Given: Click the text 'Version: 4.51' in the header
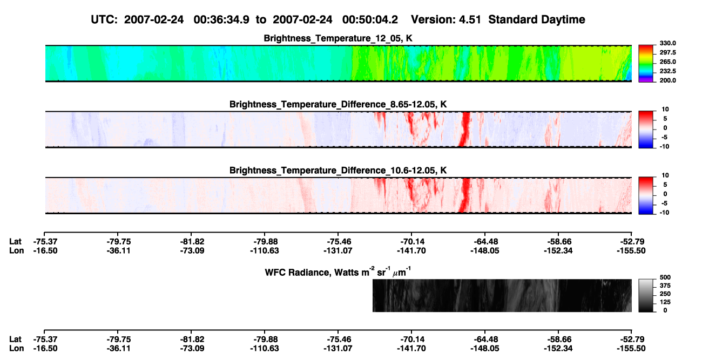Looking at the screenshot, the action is pyautogui.click(x=446, y=19).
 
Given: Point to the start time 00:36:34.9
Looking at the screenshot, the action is pyautogui.click(x=221, y=19).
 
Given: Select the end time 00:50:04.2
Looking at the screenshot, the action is pyautogui.click(x=370, y=19).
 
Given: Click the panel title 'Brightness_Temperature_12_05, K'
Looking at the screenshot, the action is pyautogui.click(x=338, y=38).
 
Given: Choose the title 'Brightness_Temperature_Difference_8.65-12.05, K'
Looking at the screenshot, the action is pyautogui.click(x=338, y=104).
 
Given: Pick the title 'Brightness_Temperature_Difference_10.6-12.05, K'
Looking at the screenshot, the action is pyautogui.click(x=338, y=171).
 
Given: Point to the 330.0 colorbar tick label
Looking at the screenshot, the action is pyautogui.click(x=667, y=43).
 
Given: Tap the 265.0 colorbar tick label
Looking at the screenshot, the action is pyautogui.click(x=667, y=62).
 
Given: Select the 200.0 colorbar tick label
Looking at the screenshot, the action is pyautogui.click(x=667, y=80).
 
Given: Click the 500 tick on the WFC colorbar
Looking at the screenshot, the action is pyautogui.click(x=665, y=277).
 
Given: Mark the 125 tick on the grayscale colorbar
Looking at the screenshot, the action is pyautogui.click(x=665, y=302).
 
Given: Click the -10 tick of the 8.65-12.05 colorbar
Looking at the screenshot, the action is pyautogui.click(x=664, y=146).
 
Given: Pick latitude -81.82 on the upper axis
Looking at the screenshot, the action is pyautogui.click(x=192, y=242).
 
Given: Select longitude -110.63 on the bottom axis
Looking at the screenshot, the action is pyautogui.click(x=265, y=349).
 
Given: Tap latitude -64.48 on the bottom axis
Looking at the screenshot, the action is pyautogui.click(x=485, y=339).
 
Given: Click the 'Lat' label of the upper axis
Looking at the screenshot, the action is pyautogui.click(x=15, y=242).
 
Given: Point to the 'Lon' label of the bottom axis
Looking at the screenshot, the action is pyautogui.click(x=17, y=349).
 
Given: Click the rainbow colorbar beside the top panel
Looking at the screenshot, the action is pyautogui.click(x=646, y=64).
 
